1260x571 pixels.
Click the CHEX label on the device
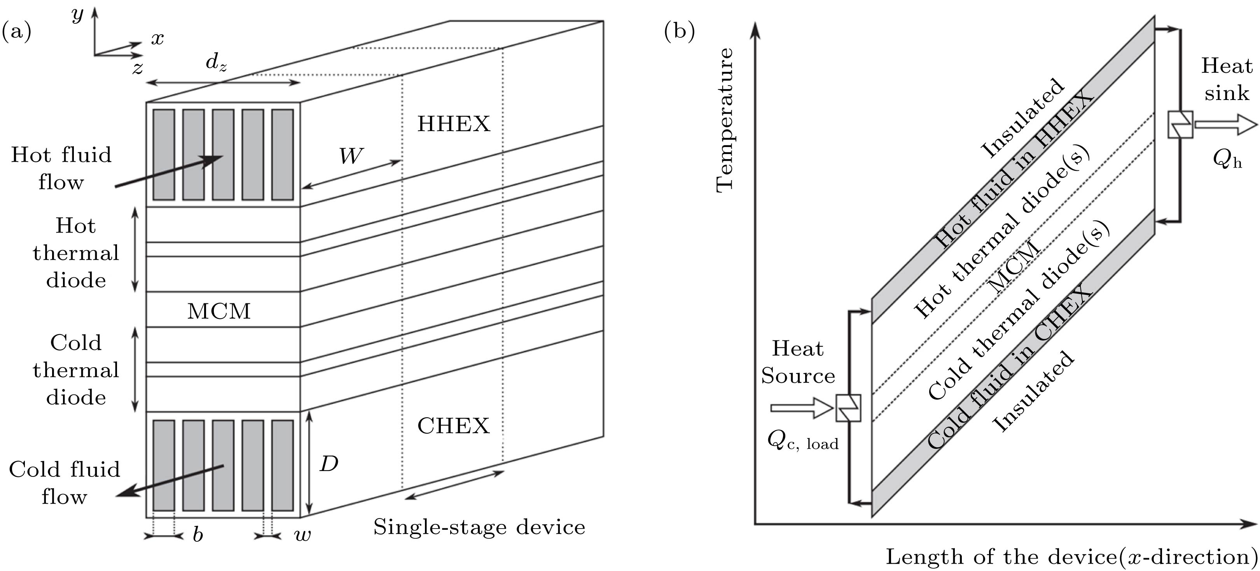tap(453, 426)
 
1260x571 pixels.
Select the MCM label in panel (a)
tap(218, 311)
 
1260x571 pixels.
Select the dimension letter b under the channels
tap(197, 535)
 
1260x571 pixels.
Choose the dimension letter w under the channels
tap(303, 535)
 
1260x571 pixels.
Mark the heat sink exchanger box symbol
tap(1180, 124)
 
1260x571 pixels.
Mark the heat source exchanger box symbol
tap(849, 408)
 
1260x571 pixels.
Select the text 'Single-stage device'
tap(479, 527)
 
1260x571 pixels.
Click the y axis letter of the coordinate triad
tap(77, 15)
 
